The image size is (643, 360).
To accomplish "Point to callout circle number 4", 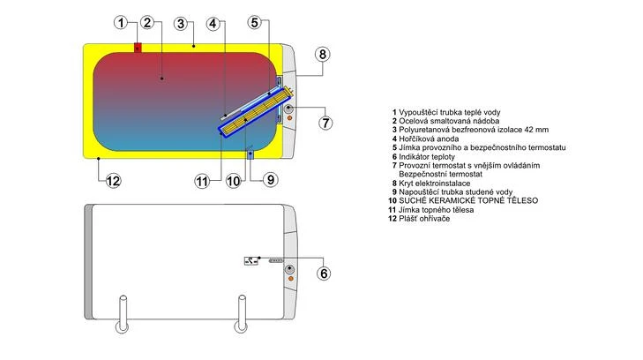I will (214, 22).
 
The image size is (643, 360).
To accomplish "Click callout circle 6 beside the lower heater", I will (324, 274).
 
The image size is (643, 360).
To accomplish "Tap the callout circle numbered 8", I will (323, 54).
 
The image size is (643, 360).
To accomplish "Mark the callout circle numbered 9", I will (270, 179).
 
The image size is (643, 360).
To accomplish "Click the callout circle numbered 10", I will (234, 181).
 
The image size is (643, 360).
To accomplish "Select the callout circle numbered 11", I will (202, 181).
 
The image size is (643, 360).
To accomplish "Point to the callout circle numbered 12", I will (113, 181).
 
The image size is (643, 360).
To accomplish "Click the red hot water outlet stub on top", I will (138, 48).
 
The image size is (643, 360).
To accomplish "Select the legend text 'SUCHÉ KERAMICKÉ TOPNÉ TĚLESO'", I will (463, 201).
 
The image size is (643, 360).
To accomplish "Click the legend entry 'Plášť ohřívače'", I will (428, 219).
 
